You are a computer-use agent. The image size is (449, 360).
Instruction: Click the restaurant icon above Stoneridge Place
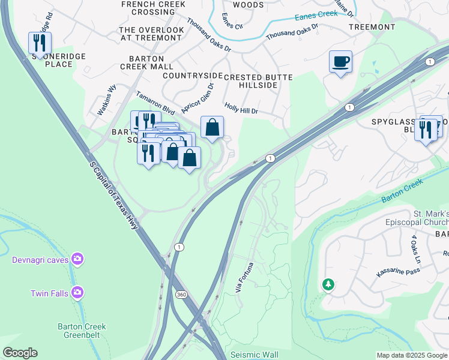click(x=40, y=43)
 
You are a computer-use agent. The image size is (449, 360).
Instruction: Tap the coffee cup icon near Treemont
click(x=340, y=61)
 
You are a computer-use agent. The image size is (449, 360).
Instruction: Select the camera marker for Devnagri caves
click(x=77, y=259)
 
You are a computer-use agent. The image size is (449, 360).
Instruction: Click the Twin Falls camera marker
click(x=77, y=292)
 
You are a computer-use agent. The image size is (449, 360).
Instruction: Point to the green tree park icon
click(x=328, y=284)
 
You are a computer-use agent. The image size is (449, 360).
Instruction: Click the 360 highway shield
click(x=181, y=295)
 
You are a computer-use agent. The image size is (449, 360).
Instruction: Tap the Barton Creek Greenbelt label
click(x=82, y=331)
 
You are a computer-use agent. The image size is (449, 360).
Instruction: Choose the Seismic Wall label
click(x=254, y=355)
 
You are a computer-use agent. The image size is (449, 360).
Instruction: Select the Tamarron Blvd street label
click(x=155, y=103)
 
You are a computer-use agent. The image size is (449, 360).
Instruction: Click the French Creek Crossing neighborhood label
click(x=148, y=8)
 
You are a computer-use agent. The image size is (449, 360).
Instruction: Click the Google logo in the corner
click(x=20, y=353)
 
